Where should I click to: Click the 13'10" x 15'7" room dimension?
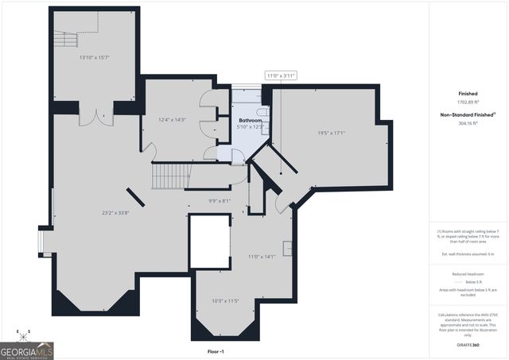click(94, 57)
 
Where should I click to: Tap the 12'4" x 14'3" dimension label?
click(172, 120)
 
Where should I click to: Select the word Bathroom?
click(250, 120)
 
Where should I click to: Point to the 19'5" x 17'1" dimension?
click(331, 134)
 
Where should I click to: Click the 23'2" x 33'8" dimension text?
click(115, 212)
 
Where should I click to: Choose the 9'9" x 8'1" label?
click(219, 200)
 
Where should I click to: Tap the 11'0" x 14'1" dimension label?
click(261, 256)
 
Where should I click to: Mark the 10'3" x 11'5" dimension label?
click(226, 300)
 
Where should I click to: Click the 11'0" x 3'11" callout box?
click(281, 75)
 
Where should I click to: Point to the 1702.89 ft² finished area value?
click(467, 103)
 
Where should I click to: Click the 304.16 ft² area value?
click(467, 123)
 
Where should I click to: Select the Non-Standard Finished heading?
click(467, 114)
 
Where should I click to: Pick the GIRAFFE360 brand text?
click(467, 345)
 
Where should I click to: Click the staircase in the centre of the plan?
click(169, 174)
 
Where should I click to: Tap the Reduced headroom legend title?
click(467, 274)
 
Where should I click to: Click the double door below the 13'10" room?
click(99, 116)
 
